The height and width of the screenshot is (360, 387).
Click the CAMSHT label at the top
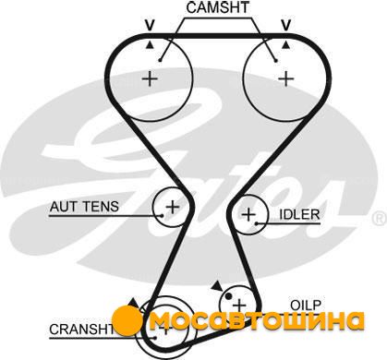[217, 7]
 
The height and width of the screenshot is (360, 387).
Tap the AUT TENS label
[84, 206]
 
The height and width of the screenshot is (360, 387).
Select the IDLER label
[299, 214]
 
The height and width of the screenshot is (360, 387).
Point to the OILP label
[306, 306]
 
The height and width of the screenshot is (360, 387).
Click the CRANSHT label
[81, 330]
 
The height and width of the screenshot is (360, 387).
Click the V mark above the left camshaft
[150, 26]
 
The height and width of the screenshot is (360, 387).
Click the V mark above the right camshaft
[286, 26]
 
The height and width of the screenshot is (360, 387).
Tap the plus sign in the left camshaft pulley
[151, 79]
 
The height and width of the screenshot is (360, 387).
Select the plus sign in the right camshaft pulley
[286, 78]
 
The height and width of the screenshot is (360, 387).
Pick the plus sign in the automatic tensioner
[173, 207]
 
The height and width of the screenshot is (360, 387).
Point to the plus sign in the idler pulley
[248, 214]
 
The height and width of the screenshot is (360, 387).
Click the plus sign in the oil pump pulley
[239, 306]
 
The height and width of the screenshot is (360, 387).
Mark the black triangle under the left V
[150, 45]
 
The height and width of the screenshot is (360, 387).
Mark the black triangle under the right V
[286, 45]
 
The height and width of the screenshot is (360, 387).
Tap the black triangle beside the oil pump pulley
[217, 285]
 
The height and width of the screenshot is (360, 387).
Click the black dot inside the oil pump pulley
[228, 296]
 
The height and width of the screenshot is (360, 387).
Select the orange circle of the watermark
[127, 320]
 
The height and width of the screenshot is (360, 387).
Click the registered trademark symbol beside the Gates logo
[380, 219]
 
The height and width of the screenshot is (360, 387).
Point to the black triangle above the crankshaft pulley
[133, 303]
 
